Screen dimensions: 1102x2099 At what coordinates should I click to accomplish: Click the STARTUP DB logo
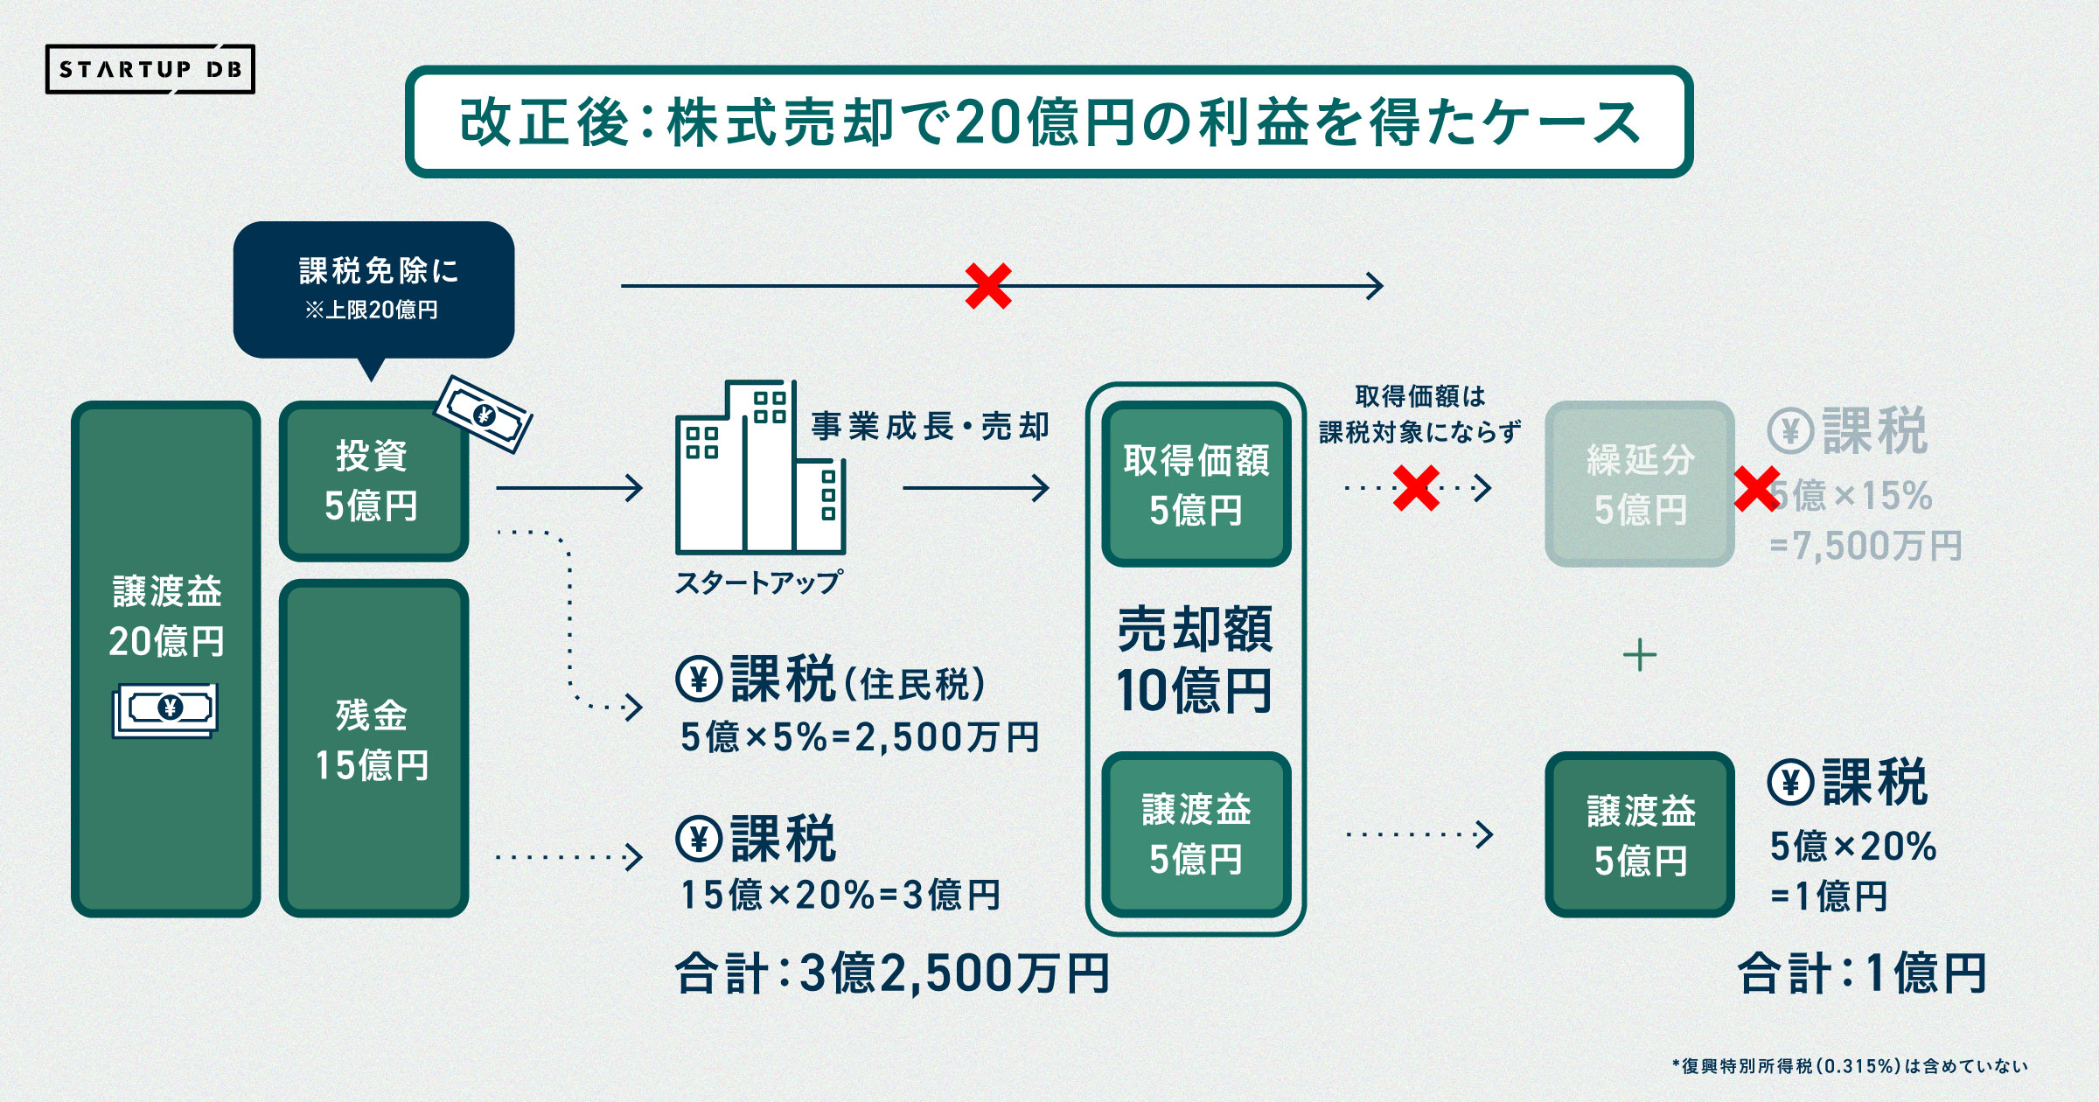[x=150, y=69]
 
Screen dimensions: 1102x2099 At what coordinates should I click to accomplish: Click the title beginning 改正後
[x=1049, y=122]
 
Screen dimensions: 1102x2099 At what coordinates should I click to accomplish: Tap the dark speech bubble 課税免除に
[x=373, y=289]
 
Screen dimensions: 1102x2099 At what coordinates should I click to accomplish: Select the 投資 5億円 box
[x=373, y=481]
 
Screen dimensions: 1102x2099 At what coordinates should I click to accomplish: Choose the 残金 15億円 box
[x=373, y=748]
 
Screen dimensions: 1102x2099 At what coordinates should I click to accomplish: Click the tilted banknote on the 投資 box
[x=484, y=414]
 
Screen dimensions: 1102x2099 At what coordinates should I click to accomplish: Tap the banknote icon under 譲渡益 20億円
[x=165, y=709]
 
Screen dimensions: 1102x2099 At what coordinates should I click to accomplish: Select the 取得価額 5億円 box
[x=1196, y=484]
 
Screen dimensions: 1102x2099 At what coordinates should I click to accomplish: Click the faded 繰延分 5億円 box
[x=1639, y=484]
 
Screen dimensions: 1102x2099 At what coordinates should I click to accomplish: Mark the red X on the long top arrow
[x=988, y=286]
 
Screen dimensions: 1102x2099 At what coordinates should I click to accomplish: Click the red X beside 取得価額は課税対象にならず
[x=1416, y=488]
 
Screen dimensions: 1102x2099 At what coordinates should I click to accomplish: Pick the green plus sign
[x=1639, y=655]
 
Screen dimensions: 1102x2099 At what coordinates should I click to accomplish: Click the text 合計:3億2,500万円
[x=892, y=973]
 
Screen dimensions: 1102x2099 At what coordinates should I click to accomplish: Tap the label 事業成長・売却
[x=930, y=427]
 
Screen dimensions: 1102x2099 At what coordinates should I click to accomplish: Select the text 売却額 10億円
[x=1195, y=659]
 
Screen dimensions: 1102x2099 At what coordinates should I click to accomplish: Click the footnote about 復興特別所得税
[x=1849, y=1066]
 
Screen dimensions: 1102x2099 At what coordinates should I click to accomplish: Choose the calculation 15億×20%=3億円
[x=840, y=895]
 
